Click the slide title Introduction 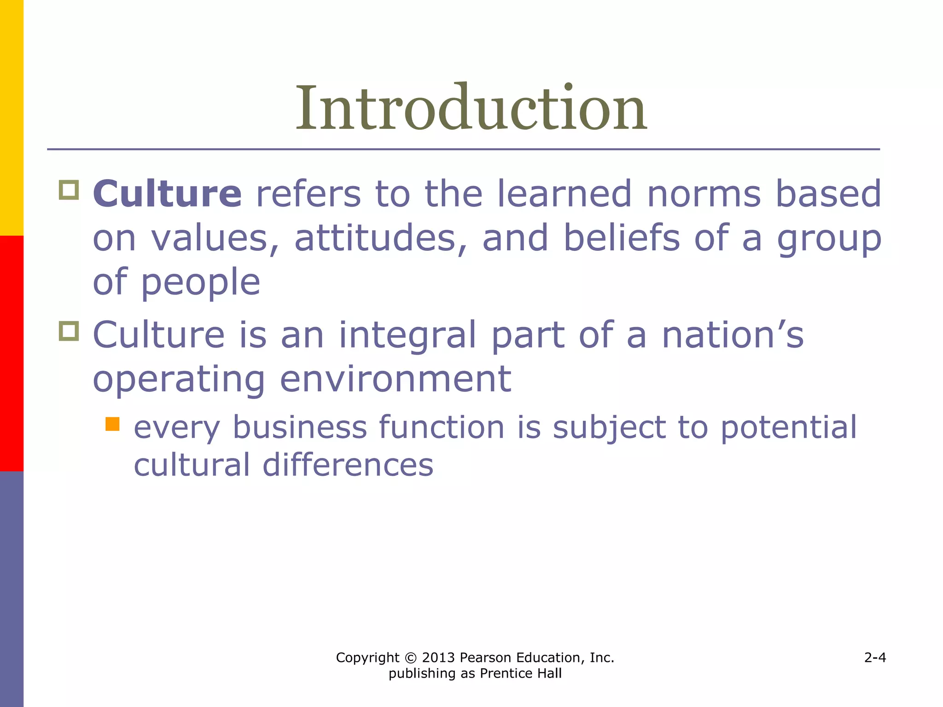[x=471, y=109]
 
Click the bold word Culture [x=167, y=194]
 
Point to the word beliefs [x=622, y=238]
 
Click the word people [x=200, y=282]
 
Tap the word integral [x=407, y=335]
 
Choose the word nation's [x=733, y=335]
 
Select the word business [x=300, y=427]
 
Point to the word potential [x=788, y=427]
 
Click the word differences [x=348, y=465]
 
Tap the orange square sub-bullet [x=112, y=424]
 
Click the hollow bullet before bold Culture [x=69, y=190]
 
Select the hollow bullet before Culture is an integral [x=69, y=331]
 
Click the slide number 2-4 [x=875, y=657]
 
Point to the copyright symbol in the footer [x=410, y=658]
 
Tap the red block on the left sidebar [x=12, y=353]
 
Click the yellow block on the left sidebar [x=12, y=117]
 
